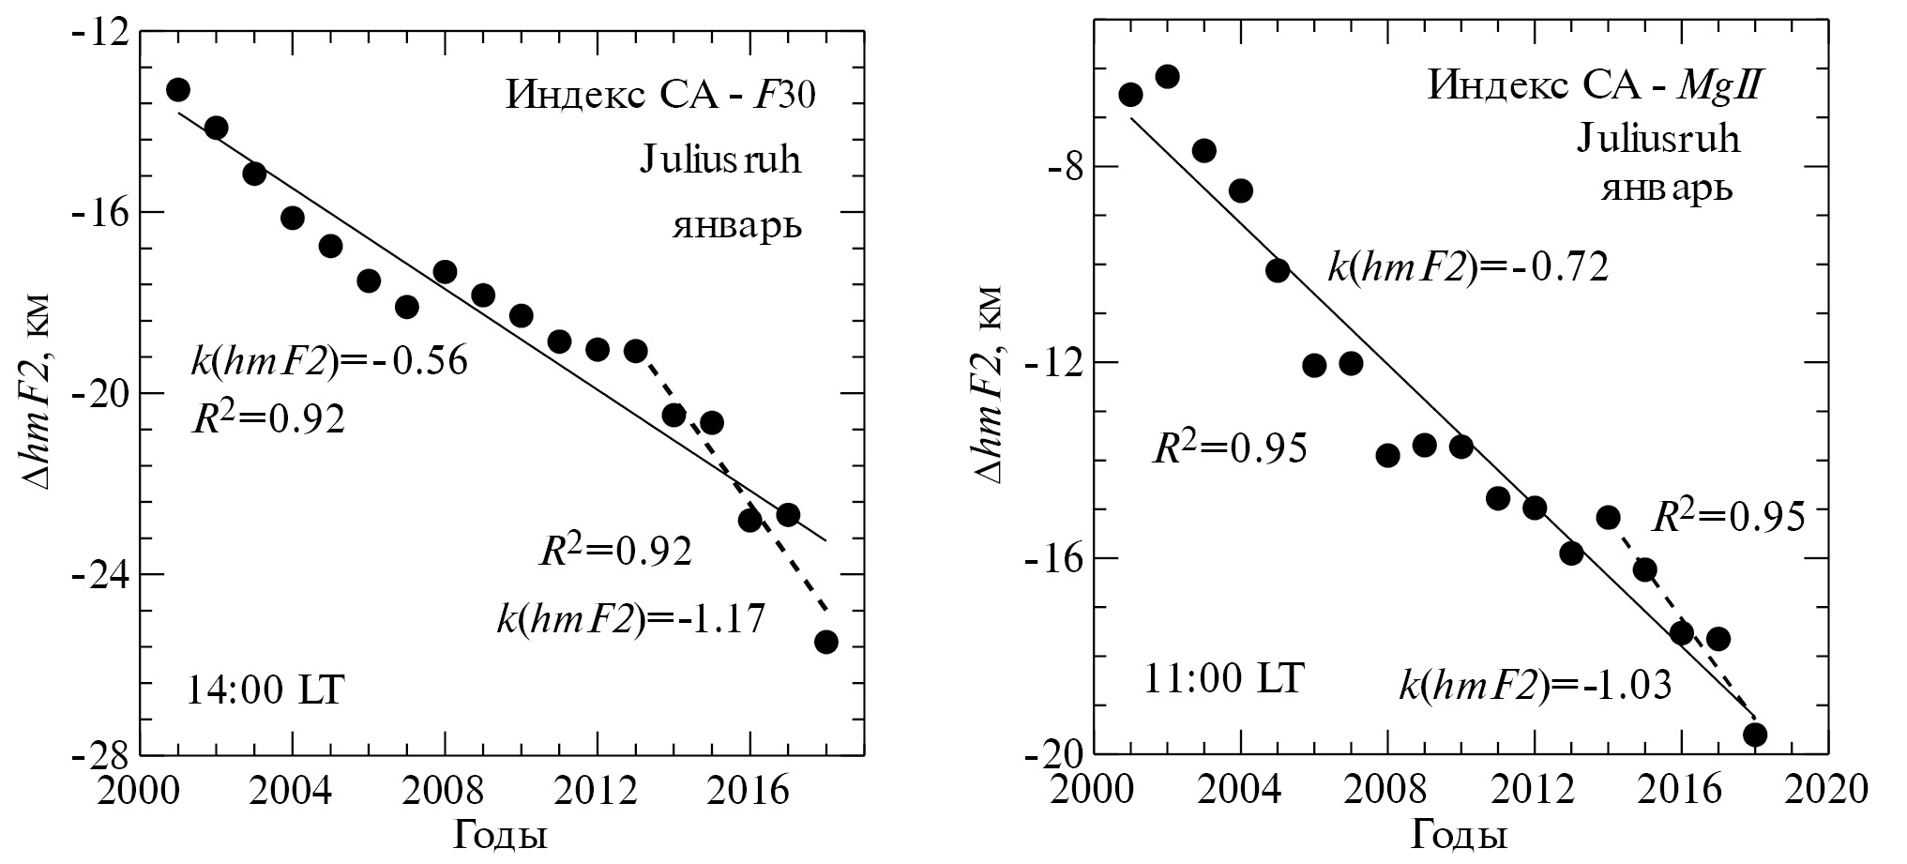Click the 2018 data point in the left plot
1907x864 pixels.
(826, 642)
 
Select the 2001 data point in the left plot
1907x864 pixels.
(178, 90)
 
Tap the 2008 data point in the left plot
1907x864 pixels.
(445, 272)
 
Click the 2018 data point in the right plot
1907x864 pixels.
(1755, 735)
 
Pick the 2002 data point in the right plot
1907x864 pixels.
(1167, 76)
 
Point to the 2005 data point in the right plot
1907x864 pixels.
(1278, 270)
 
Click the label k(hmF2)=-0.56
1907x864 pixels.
(328, 362)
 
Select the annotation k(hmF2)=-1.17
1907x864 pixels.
(631, 618)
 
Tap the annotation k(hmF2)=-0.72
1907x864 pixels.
(1468, 268)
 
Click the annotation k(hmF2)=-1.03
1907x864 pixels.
(1536, 687)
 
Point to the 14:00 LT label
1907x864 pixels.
(265, 692)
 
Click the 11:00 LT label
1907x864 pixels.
(1223, 679)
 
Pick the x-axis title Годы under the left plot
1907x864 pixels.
(501, 833)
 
